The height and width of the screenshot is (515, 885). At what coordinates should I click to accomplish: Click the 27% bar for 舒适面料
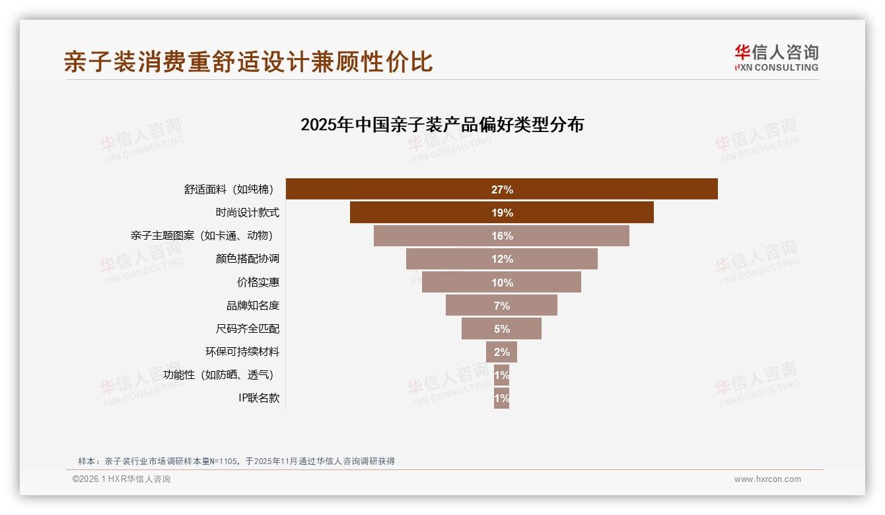click(x=501, y=189)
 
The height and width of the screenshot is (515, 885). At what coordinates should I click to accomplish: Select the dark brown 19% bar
click(x=501, y=213)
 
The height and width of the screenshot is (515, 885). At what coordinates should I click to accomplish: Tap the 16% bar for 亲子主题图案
click(x=501, y=236)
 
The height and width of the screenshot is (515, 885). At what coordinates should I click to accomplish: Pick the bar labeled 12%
click(x=501, y=259)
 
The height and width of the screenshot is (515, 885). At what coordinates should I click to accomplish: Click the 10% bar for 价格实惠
click(x=501, y=282)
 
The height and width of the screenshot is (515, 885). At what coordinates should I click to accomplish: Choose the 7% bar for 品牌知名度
click(x=501, y=305)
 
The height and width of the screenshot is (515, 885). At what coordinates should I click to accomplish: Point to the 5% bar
click(x=501, y=328)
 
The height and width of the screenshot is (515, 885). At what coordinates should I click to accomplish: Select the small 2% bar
click(x=501, y=352)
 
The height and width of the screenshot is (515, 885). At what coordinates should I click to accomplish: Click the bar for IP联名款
click(x=501, y=398)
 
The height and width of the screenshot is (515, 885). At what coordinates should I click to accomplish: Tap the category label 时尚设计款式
click(x=247, y=213)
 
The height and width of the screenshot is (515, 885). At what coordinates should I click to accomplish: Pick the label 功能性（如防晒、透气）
click(x=219, y=375)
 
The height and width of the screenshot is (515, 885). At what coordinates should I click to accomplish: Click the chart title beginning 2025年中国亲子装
click(x=442, y=125)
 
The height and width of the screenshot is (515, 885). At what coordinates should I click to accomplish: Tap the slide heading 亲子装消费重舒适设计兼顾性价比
click(x=248, y=61)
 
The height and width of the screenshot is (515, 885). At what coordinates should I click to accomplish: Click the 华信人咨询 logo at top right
click(x=776, y=57)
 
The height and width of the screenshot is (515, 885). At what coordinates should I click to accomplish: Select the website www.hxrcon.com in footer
click(x=767, y=479)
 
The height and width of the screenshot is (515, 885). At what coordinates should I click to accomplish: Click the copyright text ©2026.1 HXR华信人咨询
click(x=122, y=479)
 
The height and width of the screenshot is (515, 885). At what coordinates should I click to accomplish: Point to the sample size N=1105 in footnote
click(x=223, y=461)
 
